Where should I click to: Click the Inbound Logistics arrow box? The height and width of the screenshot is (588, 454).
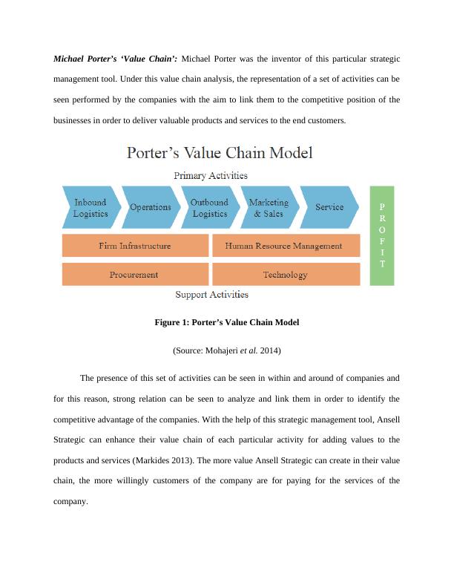click(x=90, y=207)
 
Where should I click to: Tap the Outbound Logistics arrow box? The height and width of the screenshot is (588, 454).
click(x=209, y=207)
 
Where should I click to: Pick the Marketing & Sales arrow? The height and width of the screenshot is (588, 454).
click(x=269, y=207)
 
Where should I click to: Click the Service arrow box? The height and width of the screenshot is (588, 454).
click(x=329, y=207)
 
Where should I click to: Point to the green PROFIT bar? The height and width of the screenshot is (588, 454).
click(x=382, y=235)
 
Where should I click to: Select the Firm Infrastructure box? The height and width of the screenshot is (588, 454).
click(x=135, y=246)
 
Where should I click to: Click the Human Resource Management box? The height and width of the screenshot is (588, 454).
click(x=283, y=246)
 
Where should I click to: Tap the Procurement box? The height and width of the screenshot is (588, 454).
click(x=135, y=275)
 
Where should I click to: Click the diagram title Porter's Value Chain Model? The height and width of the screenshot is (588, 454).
click(x=220, y=154)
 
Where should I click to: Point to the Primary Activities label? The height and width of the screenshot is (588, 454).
click(x=211, y=176)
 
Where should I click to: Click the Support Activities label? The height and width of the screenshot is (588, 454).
click(x=211, y=295)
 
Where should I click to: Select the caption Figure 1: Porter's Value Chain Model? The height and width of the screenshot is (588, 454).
click(x=226, y=323)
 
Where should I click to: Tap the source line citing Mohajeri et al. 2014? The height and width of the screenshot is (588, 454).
click(x=226, y=350)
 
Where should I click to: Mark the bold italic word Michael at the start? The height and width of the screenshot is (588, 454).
click(x=68, y=59)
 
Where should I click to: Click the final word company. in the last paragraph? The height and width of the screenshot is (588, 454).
click(x=70, y=501)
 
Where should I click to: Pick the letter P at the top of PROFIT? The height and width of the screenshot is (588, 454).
click(x=382, y=206)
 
